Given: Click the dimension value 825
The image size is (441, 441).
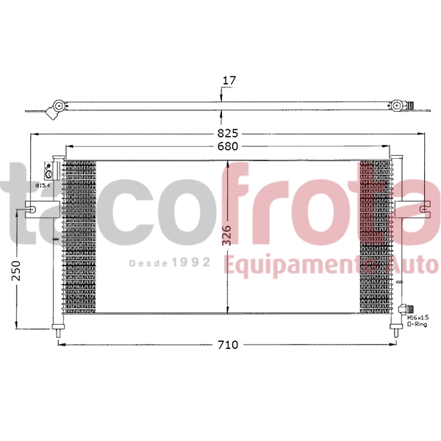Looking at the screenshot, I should pyautogui.click(x=228, y=134).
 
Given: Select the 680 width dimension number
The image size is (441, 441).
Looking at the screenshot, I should pyautogui.click(x=227, y=147).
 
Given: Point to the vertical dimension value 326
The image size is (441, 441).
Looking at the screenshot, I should pyautogui.click(x=227, y=234).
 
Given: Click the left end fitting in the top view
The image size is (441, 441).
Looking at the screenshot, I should pyautogui.click(x=54, y=110).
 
